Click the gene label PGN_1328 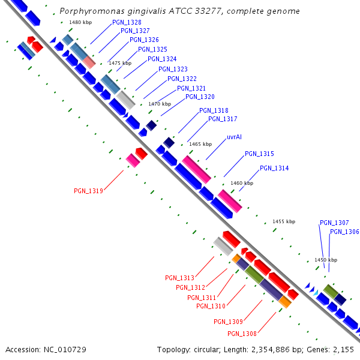coord(127,22)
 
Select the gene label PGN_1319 coord(88,191)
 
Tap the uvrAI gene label coord(234,137)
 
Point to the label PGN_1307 coord(334,223)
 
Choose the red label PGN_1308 coord(242,334)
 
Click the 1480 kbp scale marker coord(80,22)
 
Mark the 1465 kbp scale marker coord(200,144)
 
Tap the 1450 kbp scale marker coord(326,260)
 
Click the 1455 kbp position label coord(284,221)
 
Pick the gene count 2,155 coord(343,349)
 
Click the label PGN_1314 coord(274,168)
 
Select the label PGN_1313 coord(179,278)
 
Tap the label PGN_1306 coord(344,232)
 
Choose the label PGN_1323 coord(173,70)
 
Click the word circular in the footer coord(211,349)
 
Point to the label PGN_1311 coord(202,297)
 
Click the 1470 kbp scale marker coord(159,104)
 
